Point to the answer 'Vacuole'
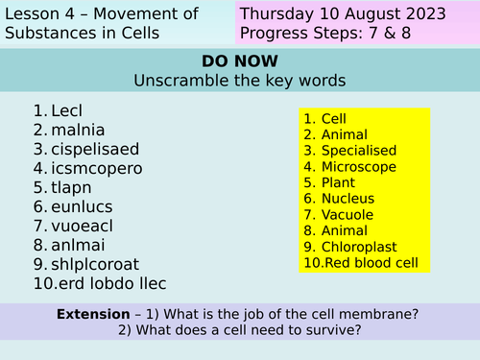tap(348, 215)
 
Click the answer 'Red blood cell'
tap(371, 263)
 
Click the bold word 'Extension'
tap(92, 314)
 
